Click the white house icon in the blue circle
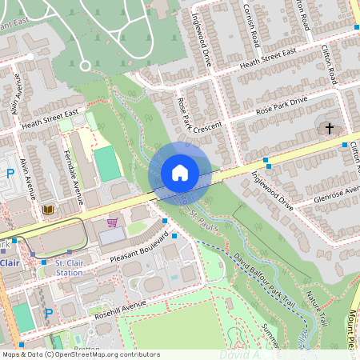[180, 172]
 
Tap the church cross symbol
[329, 128]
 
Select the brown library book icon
[48, 210]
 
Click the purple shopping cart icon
[112, 222]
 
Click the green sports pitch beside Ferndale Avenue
[106, 163]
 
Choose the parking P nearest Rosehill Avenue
[47, 314]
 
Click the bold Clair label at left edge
[9, 262]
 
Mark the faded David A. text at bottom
[240, 353]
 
